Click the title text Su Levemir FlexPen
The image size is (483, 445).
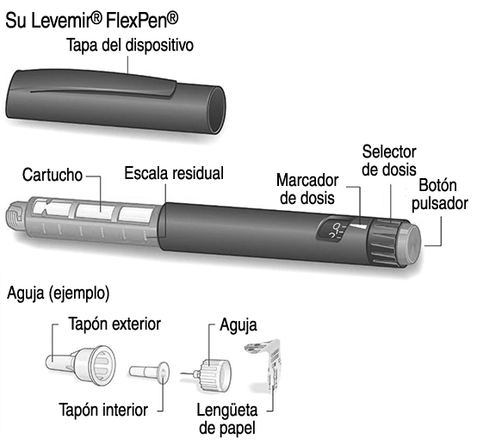pyautogui.click(x=92, y=21)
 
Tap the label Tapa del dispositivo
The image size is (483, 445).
pyautogui.click(x=130, y=46)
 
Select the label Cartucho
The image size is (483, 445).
pyautogui.click(x=53, y=175)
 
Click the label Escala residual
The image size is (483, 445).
pyautogui.click(x=174, y=173)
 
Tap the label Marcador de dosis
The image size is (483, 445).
pyautogui.click(x=307, y=189)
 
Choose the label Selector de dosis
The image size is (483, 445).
pyautogui.click(x=389, y=160)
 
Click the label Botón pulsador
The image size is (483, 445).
pyautogui.click(x=440, y=195)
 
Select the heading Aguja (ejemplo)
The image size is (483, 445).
pyautogui.click(x=58, y=293)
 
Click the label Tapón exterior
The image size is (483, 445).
pyautogui.click(x=115, y=324)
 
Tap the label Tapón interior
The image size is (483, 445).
pyautogui.click(x=103, y=410)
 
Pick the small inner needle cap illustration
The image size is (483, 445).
pyautogui.click(x=149, y=373)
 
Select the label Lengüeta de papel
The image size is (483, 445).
pyautogui.click(x=227, y=419)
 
